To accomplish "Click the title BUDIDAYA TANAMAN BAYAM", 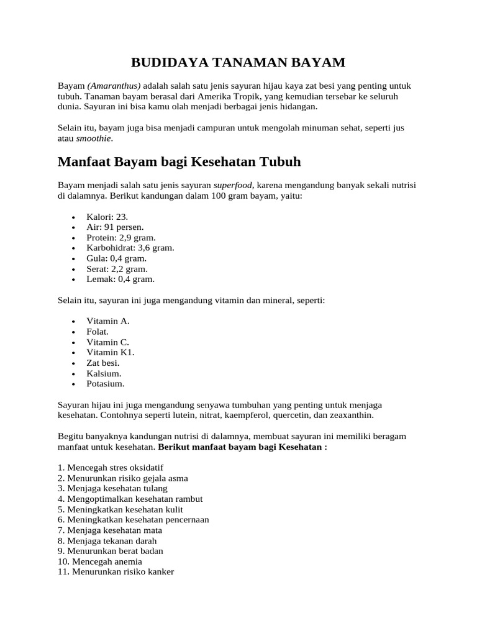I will (238, 62).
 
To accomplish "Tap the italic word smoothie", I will (94, 139).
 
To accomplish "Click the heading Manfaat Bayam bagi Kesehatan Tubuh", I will (179, 162).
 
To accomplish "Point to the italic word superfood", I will (233, 185).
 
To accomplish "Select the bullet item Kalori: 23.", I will (107, 216).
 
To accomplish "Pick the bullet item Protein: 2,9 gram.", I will (121, 237).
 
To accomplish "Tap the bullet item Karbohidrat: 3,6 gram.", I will (130, 248).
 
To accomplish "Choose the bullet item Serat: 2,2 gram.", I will (117, 269).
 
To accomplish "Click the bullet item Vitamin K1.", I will (111, 352).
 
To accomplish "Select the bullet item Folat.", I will (98, 332).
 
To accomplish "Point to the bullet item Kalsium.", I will (104, 373).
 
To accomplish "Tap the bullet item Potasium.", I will (106, 384).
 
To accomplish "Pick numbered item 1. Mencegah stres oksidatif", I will (111, 467).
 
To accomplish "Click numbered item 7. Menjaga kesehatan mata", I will (110, 530).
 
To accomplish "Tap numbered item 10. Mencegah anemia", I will (100, 561).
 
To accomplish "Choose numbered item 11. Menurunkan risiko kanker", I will (116, 572).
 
